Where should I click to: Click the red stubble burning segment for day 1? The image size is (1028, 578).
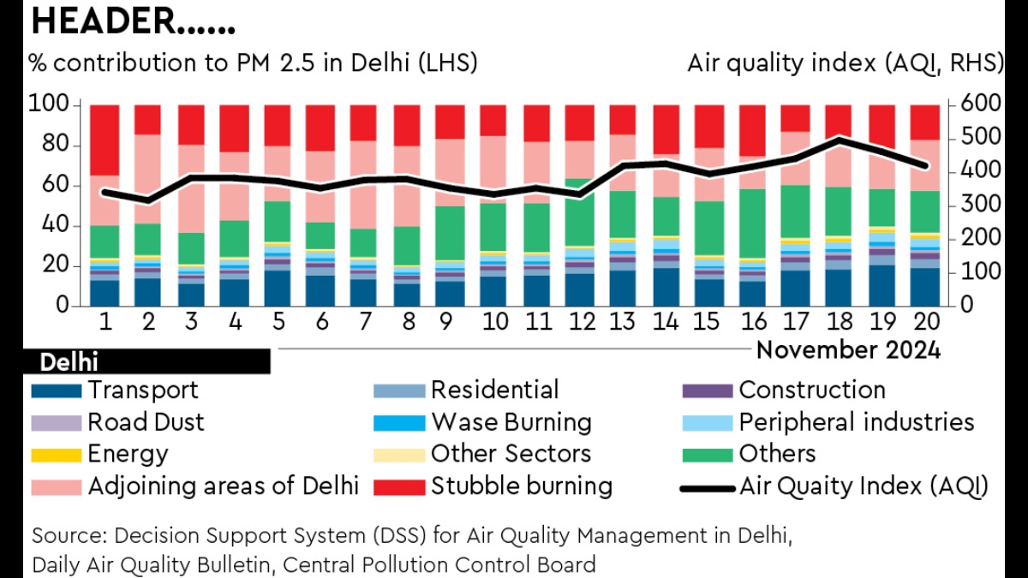105,140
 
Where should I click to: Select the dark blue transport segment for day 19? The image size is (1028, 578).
882,285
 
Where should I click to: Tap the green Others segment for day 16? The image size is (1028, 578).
752,223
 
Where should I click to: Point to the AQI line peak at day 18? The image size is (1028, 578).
839,139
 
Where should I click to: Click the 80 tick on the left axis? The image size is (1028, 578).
55,145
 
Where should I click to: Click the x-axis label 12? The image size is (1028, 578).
582,322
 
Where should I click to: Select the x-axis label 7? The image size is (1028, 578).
365,322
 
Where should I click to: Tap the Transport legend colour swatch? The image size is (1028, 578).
57,390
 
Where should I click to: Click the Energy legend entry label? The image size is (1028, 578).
128,454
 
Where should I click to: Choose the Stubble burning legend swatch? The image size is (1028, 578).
399,487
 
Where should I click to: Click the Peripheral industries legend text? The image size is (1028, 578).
857,422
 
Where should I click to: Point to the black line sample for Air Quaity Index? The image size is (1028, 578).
708,489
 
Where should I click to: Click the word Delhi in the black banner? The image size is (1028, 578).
69,362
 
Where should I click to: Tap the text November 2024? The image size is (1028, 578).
848,350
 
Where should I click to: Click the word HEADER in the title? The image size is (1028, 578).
104,21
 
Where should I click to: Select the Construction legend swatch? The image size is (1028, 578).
708,390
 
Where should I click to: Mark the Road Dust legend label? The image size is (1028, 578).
146,422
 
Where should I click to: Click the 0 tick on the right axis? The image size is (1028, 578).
967,305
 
